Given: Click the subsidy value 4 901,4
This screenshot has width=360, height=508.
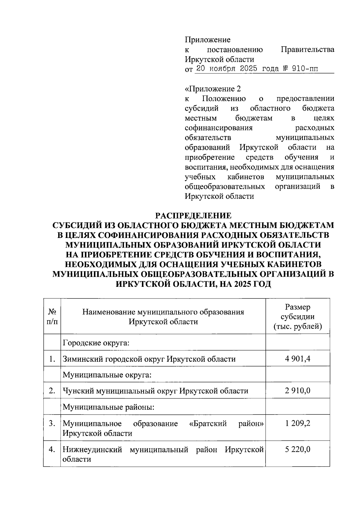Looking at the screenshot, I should click(298, 359).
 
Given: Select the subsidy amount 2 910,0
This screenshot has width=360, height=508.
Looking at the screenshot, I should click(298, 391).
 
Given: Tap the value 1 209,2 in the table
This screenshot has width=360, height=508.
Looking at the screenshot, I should click(298, 423).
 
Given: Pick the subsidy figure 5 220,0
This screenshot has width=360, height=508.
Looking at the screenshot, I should click(298, 449).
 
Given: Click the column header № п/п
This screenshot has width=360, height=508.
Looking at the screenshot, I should click(52, 316).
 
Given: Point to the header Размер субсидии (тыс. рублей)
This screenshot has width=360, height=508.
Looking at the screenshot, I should click(298, 316).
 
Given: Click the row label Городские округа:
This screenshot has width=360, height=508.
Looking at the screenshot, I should click(96, 343).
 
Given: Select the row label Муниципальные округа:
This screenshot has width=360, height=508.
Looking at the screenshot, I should click(106, 375).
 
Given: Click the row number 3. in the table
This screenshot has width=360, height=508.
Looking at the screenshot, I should click(52, 423).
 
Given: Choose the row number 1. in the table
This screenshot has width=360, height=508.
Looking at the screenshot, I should click(52, 359).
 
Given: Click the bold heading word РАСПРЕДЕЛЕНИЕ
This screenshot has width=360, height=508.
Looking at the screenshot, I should click(193, 216).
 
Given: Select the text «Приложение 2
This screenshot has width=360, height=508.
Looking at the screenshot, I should click(213, 89).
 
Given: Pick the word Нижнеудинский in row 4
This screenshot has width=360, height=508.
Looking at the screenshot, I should click(92, 449).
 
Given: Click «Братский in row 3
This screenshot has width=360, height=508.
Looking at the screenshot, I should click(208, 423).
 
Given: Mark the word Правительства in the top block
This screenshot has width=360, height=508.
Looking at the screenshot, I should click(307, 49).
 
